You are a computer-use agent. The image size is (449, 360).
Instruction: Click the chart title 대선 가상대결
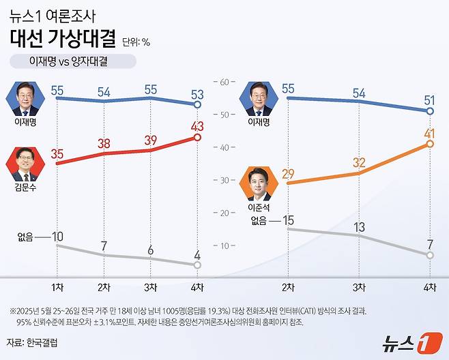coord(63,38)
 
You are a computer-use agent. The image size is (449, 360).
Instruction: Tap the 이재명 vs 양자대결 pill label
coord(73,61)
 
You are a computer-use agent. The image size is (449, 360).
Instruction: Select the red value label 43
coord(197,126)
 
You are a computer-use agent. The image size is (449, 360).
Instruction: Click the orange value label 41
coord(430,133)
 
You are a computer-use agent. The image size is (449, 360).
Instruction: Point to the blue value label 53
coord(197,93)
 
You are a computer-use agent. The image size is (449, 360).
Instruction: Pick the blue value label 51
coord(430,100)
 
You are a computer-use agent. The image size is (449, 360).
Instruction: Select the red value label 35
coord(57,154)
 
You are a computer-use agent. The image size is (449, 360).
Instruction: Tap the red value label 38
coord(104,144)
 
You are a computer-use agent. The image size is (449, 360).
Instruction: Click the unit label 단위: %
coord(136,42)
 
